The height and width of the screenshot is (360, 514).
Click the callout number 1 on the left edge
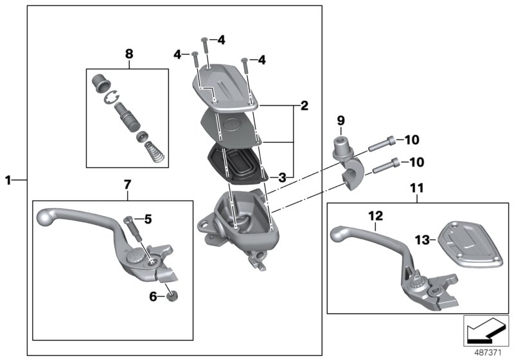coord(8,181)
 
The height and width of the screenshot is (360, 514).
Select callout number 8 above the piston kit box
coord(128,54)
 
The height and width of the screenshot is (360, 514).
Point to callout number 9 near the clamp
coord(341,120)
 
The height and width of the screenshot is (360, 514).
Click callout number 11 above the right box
coord(418,188)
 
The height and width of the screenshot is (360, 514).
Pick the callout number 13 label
coord(421,239)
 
